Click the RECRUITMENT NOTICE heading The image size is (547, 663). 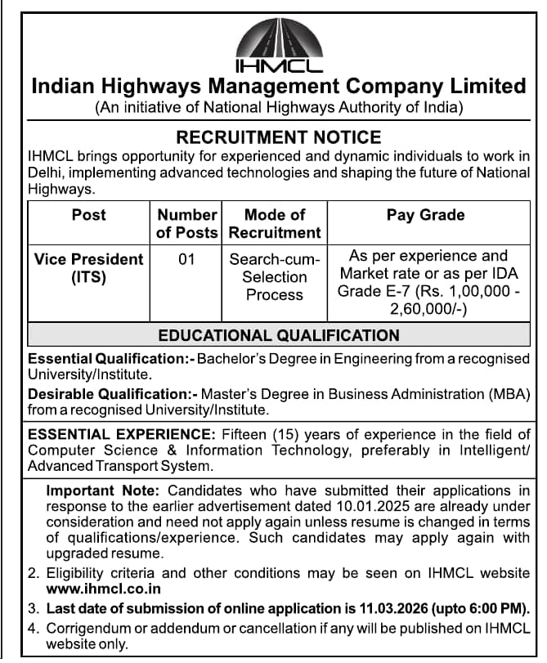click(x=279, y=137)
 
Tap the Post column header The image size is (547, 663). click(x=88, y=215)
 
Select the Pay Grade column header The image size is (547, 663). click(x=425, y=215)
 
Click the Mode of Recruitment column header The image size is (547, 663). click(x=275, y=223)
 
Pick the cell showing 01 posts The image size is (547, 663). click(x=186, y=259)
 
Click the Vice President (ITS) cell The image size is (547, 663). click(x=88, y=268)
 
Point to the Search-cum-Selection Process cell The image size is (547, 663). click(x=275, y=277)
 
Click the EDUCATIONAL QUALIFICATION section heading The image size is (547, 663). click(x=279, y=335)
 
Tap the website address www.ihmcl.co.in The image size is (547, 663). click(x=103, y=589)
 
